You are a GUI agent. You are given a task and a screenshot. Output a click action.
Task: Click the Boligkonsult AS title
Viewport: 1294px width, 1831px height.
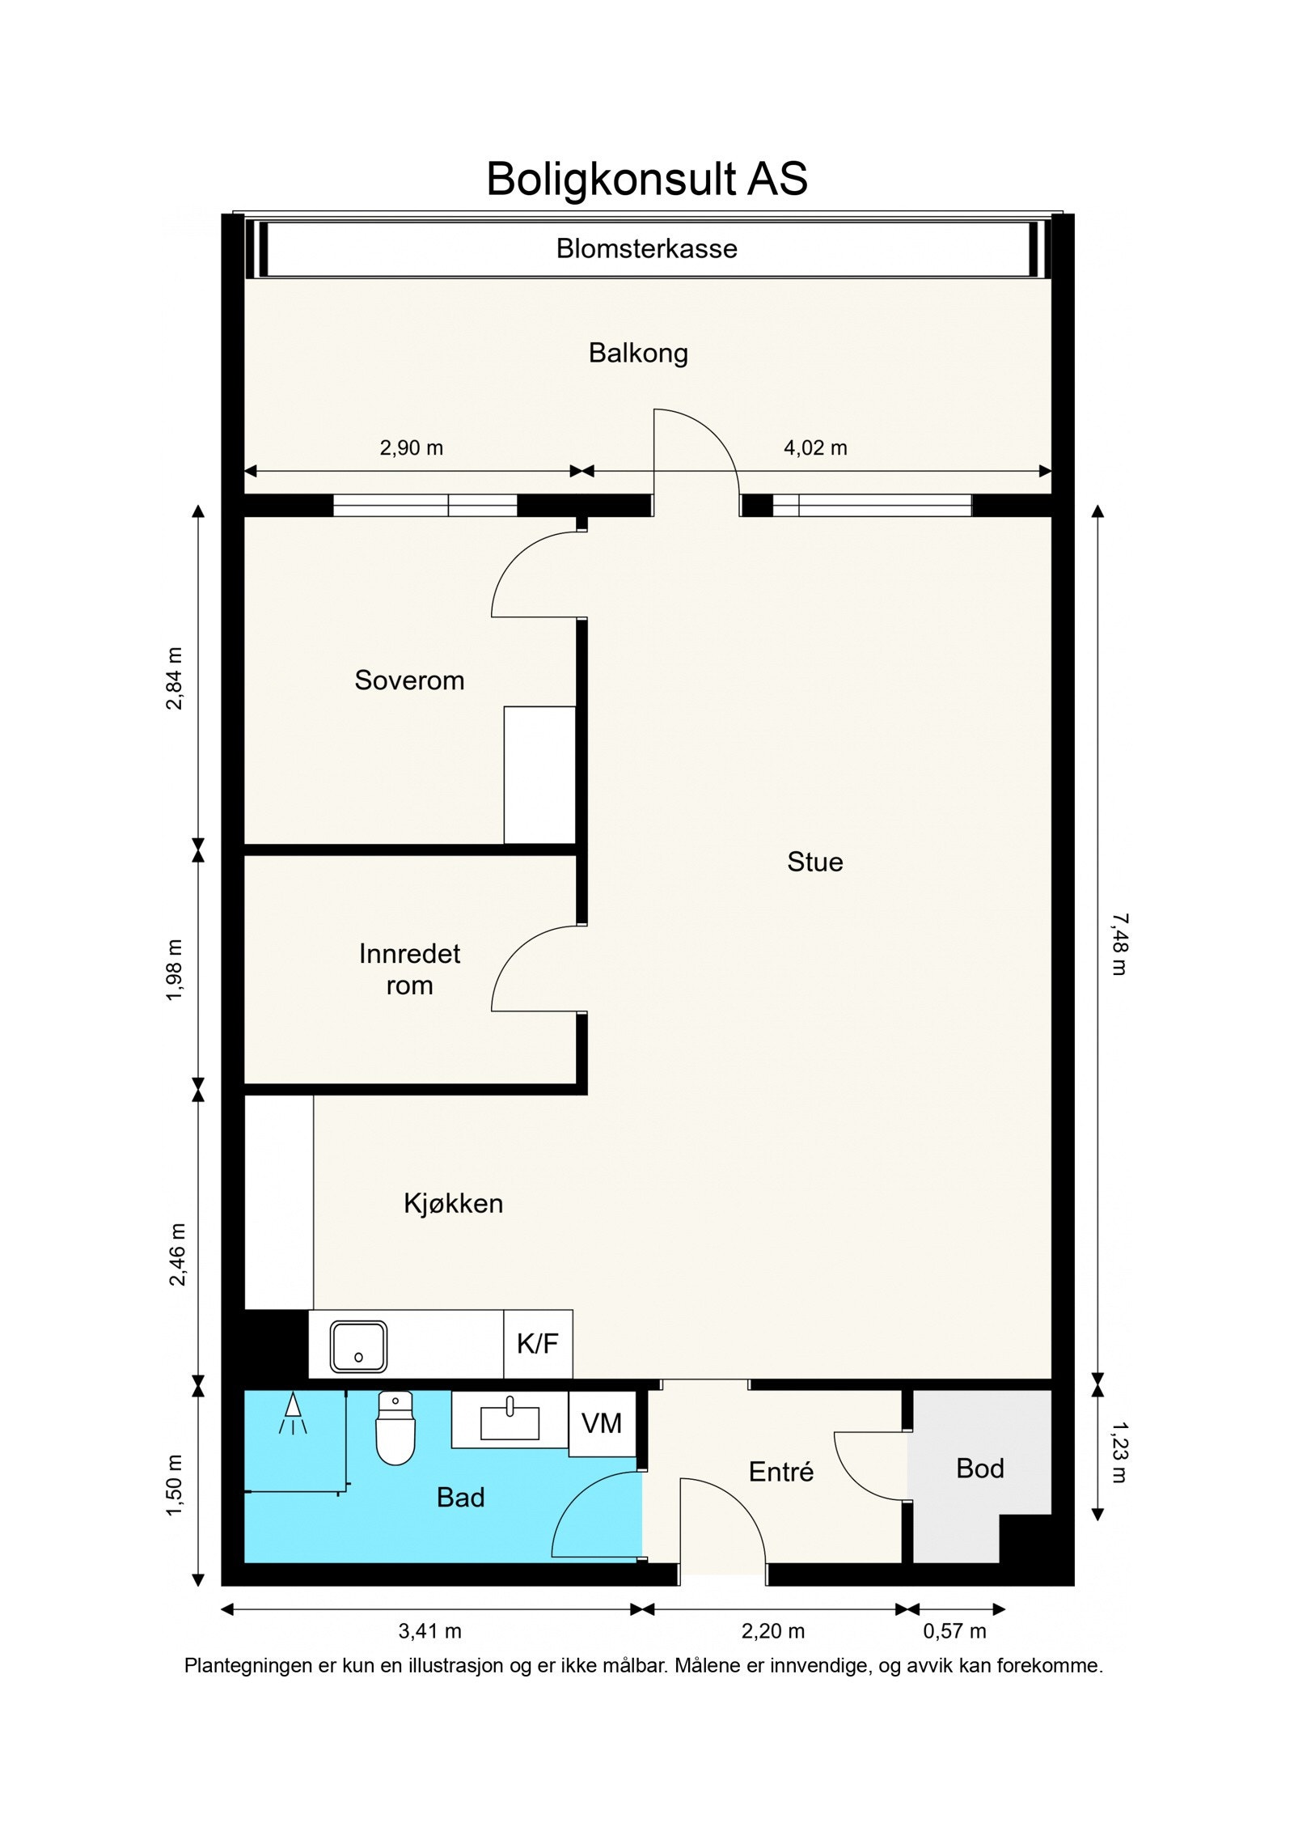pyautogui.click(x=647, y=179)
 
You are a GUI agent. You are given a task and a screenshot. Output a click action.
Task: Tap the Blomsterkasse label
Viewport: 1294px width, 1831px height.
pyautogui.click(x=647, y=248)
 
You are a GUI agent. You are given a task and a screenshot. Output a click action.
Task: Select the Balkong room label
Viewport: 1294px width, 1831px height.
pyautogui.click(x=638, y=354)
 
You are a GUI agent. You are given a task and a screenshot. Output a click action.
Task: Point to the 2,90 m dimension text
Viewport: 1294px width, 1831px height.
pyautogui.click(x=412, y=447)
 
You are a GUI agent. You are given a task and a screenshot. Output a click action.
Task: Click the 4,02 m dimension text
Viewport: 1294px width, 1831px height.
pyautogui.click(x=815, y=447)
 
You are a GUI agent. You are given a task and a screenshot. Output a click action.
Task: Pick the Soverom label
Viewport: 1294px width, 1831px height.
pyautogui.click(x=409, y=680)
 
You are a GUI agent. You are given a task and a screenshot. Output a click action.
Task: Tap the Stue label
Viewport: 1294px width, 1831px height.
pyautogui.click(x=815, y=862)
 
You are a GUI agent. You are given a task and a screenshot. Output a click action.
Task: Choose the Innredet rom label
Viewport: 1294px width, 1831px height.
pyautogui.click(x=409, y=969)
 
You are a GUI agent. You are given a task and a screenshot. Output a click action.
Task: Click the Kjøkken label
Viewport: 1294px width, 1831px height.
pyautogui.click(x=453, y=1204)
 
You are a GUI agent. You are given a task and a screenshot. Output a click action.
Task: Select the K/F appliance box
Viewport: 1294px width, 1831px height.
pyautogui.click(x=538, y=1344)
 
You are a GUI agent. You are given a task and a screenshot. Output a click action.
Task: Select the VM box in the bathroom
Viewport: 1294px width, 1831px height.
pyautogui.click(x=602, y=1422)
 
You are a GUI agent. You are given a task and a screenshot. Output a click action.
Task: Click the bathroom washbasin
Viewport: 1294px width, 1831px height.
pyautogui.click(x=510, y=1422)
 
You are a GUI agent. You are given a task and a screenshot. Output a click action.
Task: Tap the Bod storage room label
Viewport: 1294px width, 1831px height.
pyautogui.click(x=979, y=1469)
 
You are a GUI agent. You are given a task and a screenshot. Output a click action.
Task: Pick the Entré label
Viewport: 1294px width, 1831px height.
pyautogui.click(x=781, y=1472)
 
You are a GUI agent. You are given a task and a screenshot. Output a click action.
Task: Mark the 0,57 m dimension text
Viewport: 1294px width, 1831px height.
pyautogui.click(x=954, y=1631)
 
